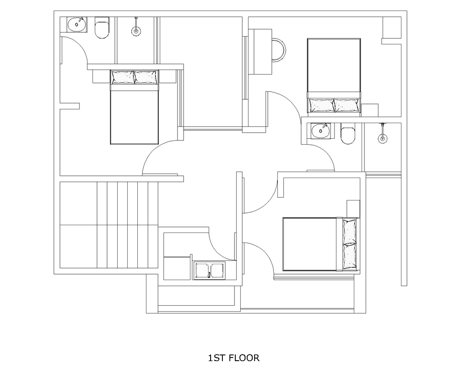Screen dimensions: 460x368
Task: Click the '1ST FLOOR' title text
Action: point(233,358)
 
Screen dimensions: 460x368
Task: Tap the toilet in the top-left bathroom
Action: point(102,27)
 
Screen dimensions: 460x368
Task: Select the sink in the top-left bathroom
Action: point(77,24)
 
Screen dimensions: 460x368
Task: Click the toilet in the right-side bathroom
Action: point(348,134)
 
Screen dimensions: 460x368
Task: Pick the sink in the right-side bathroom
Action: point(321,130)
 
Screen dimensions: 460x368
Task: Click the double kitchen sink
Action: point(209,271)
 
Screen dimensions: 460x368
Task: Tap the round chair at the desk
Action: point(278,50)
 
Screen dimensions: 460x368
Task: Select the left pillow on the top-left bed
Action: point(123,77)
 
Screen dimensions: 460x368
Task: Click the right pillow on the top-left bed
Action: point(146,77)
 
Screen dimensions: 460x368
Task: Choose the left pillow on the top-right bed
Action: point(322,105)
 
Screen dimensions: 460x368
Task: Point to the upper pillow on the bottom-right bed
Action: point(350,231)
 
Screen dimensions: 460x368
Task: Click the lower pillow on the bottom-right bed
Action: point(350,256)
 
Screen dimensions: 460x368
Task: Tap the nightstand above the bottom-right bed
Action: point(353,209)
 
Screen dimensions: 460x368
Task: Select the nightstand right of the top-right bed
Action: point(370,110)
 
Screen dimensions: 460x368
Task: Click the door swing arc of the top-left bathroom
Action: point(78,44)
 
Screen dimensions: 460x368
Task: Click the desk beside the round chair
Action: point(260,51)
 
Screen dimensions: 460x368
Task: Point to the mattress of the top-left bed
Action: point(135,117)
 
